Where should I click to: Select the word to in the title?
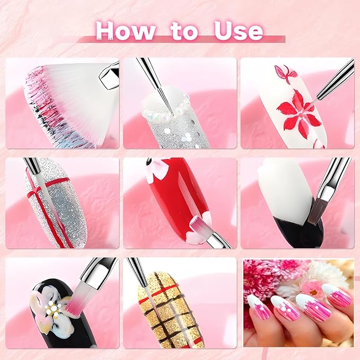click(183, 32)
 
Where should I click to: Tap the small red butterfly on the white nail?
click(285, 74)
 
